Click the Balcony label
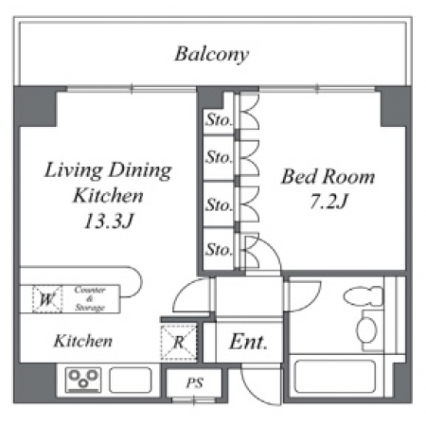point(212,55)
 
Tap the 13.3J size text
point(109,221)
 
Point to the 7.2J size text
point(328,202)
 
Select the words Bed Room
point(328,176)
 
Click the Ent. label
point(248,342)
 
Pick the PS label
point(194,383)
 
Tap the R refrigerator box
point(179,343)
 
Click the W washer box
point(47,299)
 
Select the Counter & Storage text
point(90,298)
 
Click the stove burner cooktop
point(83,380)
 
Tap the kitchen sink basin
point(131,380)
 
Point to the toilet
point(364,296)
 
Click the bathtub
point(335,377)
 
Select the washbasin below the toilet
point(366,329)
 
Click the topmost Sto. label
point(219,120)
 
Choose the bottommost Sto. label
point(219,250)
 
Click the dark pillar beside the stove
point(34,382)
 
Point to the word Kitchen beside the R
point(83,342)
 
